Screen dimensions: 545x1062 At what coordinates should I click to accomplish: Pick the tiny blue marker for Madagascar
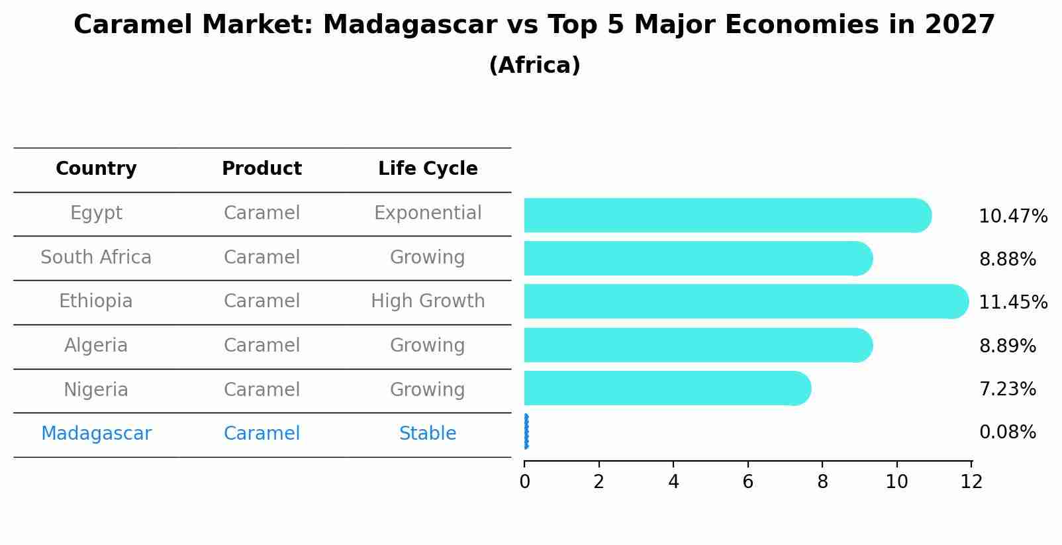tap(526, 432)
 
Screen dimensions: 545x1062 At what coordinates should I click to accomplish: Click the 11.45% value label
tap(1012, 303)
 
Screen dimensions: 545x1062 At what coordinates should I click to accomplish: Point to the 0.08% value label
tap(1007, 432)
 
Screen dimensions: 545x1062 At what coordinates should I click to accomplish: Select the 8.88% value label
tap(1007, 260)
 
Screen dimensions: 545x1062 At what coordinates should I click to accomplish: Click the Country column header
tap(96, 169)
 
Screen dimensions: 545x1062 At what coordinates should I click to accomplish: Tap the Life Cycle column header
tap(428, 169)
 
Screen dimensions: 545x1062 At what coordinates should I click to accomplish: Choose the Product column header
tap(262, 169)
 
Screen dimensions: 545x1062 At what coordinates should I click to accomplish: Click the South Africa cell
tap(96, 257)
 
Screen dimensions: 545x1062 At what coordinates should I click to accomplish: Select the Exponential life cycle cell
tap(428, 213)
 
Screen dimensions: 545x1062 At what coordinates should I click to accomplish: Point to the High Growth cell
tap(428, 301)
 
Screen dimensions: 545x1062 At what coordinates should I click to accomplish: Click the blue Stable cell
tap(428, 434)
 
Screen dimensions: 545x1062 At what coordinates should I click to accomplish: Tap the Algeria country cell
tap(96, 346)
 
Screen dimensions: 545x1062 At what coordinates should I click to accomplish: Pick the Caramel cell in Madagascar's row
tap(262, 434)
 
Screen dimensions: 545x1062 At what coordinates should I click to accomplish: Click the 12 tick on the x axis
tap(971, 482)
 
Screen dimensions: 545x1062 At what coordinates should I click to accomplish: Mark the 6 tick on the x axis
tap(748, 482)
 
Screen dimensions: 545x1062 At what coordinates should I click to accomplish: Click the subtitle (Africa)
tap(534, 66)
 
